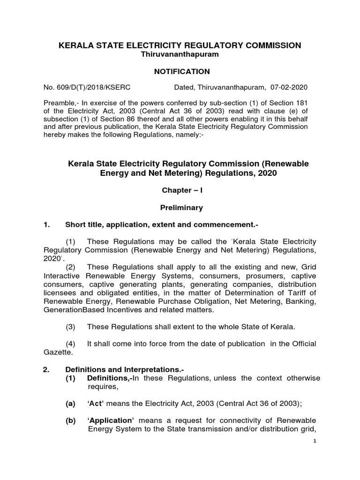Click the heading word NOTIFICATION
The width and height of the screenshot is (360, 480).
(x=179, y=72)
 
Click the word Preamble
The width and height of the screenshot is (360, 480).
(x=59, y=103)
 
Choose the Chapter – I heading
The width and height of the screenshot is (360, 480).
(x=180, y=191)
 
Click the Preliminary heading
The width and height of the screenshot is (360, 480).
(x=180, y=207)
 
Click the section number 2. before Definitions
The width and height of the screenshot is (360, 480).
(x=46, y=369)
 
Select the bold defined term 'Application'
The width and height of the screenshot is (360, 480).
(x=111, y=420)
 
